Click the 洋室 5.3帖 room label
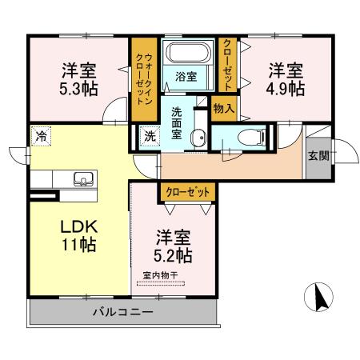(78, 78)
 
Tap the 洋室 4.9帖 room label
(286, 78)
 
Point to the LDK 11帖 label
(78, 234)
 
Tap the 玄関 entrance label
(317, 154)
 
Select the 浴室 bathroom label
(186, 78)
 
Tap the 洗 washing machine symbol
(150, 136)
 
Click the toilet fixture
(250, 135)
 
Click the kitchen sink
(80, 178)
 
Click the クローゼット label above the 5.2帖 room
(187, 192)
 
